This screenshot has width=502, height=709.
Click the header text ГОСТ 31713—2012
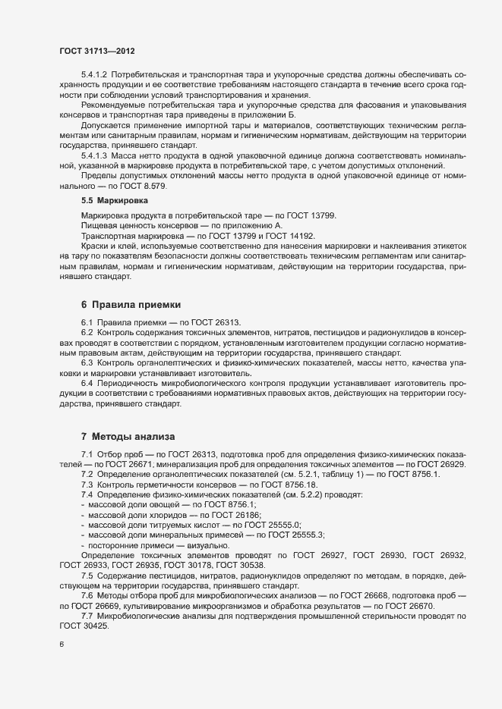coord(97,51)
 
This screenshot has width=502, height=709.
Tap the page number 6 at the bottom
coord(62,645)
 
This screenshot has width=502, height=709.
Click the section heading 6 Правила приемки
coord(131,304)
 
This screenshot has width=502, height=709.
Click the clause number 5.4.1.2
coord(95,77)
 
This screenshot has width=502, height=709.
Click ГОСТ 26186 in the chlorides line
coord(229,514)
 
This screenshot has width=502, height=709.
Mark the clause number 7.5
coord(87,576)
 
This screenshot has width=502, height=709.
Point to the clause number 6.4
coord(87,384)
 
